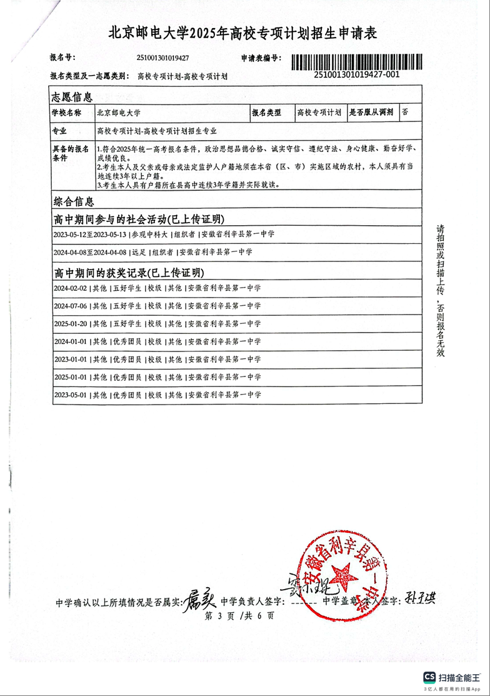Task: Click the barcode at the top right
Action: [357, 62]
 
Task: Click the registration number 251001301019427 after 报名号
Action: [162, 58]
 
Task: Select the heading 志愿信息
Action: [72, 97]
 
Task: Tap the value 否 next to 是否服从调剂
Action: [406, 113]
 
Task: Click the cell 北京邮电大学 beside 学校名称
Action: [119, 113]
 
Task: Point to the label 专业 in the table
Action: [59, 131]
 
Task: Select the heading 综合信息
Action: [74, 201]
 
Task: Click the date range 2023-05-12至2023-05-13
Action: [90, 234]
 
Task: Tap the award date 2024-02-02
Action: [71, 288]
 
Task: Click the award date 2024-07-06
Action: [71, 306]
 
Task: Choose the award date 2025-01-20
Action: [71, 324]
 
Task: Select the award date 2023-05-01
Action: [71, 395]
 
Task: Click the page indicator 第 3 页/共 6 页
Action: [239, 616]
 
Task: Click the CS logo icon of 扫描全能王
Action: [430, 677]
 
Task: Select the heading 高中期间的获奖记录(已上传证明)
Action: [129, 273]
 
